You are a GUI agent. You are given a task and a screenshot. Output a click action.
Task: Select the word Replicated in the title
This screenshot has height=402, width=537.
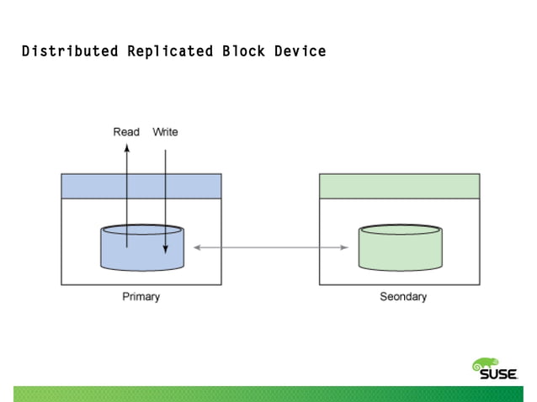(x=170, y=51)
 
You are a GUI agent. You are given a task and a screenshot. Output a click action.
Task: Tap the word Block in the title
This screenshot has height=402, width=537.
(x=244, y=51)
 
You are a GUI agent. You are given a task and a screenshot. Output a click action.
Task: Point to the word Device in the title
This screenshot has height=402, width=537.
(x=299, y=51)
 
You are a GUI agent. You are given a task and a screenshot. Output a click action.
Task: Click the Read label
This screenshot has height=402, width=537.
(x=126, y=132)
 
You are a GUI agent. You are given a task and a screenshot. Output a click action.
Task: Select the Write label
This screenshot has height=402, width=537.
(x=165, y=132)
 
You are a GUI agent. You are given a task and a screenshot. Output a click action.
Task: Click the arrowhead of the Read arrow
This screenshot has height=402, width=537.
(x=126, y=146)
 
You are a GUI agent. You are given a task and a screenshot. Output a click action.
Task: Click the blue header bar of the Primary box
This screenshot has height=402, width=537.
(x=141, y=186)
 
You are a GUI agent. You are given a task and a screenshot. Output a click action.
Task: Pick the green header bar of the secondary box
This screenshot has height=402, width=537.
(x=399, y=186)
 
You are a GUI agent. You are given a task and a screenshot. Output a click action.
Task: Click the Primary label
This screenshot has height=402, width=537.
(x=141, y=297)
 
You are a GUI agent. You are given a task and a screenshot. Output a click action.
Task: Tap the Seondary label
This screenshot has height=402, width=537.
(x=403, y=297)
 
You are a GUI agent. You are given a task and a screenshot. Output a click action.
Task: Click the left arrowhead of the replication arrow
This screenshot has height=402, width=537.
(x=197, y=247)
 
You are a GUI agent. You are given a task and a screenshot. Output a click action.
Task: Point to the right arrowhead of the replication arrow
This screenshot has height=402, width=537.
(x=344, y=247)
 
